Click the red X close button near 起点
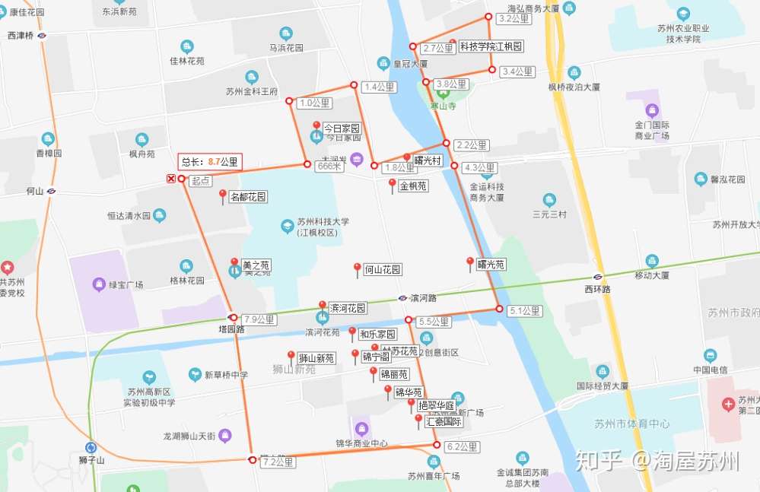coord(171,179)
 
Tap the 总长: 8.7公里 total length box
coord(210,161)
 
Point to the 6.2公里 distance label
coord(463,446)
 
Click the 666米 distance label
coord(329,166)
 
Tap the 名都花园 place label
coord(248,197)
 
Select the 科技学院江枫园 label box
coord(491,46)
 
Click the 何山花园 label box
coord(383,269)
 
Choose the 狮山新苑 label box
coord(316,358)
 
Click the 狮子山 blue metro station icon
coord(91,448)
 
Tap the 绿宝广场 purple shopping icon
coord(98,284)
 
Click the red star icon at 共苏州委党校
coord(8,268)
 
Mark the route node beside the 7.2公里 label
coord(252,459)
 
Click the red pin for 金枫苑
coord(393,185)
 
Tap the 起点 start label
coord(201,181)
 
